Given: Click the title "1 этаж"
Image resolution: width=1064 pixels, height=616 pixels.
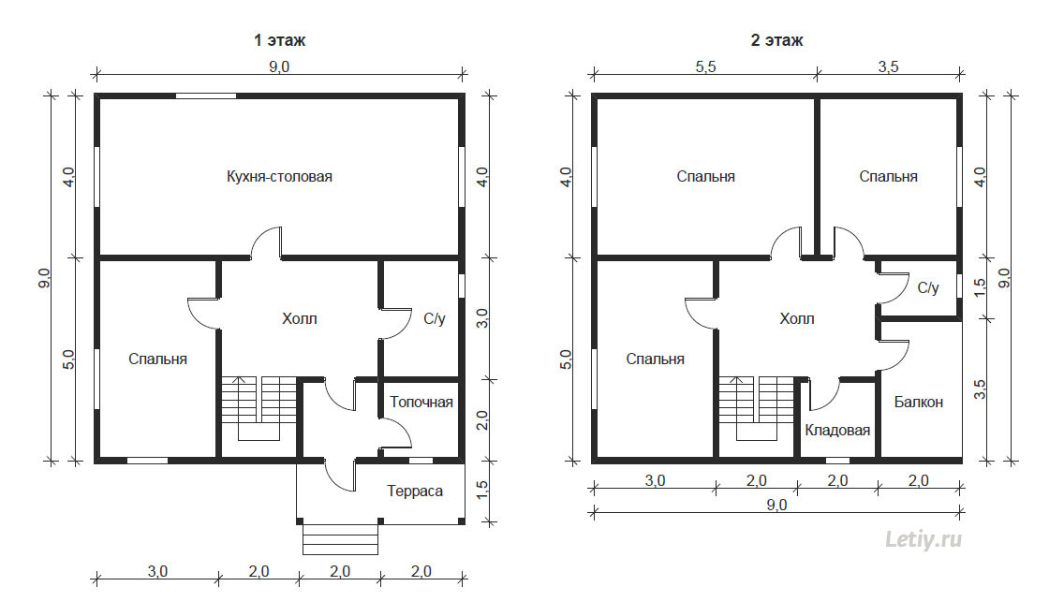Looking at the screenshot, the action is pos(279,40).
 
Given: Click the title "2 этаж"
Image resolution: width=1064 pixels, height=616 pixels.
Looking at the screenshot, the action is pos(776,40).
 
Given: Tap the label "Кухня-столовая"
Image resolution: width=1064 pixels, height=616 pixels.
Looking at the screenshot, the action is pos(279,177).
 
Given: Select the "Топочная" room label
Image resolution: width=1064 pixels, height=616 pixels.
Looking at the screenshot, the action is pos(421,403).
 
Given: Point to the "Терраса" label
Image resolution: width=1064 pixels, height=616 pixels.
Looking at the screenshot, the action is pos(415,491).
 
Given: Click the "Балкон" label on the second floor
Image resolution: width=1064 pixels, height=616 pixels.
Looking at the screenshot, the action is pos(919,403).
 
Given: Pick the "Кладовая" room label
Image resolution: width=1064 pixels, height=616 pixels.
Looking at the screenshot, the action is pos(837,431).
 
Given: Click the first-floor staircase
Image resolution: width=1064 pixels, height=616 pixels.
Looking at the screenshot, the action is pos(259,408).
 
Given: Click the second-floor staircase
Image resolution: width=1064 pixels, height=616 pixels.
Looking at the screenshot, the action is pos(757,408).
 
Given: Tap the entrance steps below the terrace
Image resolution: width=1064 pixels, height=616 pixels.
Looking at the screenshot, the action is pos(340,539).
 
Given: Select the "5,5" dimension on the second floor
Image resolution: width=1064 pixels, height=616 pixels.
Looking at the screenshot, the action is pos(705,66).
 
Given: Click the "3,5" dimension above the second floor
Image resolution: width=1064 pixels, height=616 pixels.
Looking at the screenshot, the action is pos(888,66).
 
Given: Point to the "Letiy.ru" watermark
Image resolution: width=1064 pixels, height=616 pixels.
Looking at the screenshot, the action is pos(924,540).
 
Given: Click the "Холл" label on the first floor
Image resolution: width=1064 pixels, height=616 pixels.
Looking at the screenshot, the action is pos(300,319).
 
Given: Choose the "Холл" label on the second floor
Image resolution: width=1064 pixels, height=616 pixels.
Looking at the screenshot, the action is pos(797,319).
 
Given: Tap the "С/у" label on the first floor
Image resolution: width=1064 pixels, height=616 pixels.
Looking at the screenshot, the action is pos(435,319).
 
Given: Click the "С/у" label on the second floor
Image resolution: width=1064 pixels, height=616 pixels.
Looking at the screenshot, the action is pos(928,288).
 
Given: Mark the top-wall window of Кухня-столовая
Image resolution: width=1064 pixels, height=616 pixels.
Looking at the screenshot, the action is pos(206,95).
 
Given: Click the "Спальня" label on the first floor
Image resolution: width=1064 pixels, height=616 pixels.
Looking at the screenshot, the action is pos(157,359).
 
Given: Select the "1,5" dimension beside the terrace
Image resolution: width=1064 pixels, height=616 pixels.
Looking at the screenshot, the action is pos(482,491).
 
